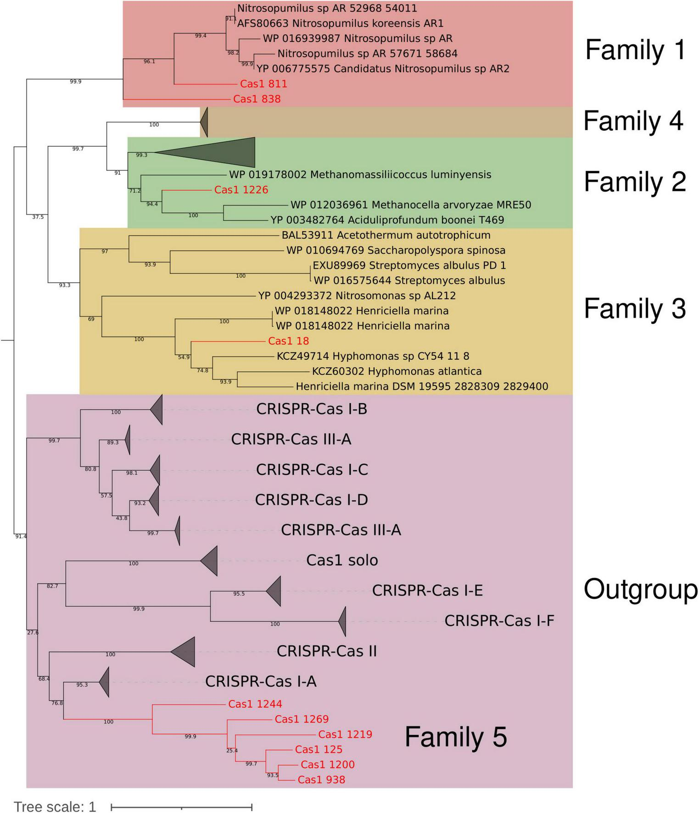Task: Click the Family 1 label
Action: [635, 50]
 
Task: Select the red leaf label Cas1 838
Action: [257, 99]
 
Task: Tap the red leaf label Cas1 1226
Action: [241, 190]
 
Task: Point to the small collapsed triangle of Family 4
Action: [205, 123]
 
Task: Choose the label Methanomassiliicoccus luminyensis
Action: [360, 175]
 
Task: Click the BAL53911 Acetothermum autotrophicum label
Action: [386, 235]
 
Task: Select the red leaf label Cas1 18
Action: [288, 341]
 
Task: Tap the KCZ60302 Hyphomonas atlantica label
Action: [397, 371]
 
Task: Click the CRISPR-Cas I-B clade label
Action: [312, 409]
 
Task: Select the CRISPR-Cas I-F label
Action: [499, 621]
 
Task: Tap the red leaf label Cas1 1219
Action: [345, 735]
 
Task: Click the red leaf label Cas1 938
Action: [321, 780]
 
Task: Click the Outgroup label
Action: [640, 590]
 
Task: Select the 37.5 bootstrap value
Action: [38, 217]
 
